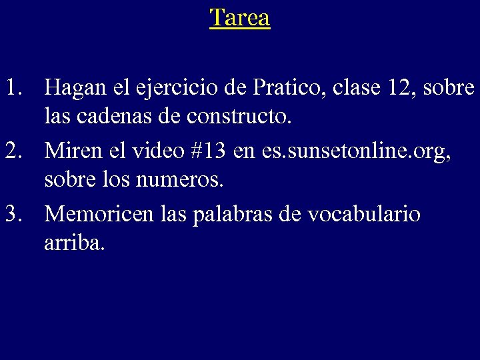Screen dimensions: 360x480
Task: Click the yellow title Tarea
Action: tap(240, 17)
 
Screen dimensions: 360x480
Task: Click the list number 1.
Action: tap(16, 87)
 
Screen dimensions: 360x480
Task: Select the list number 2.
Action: tap(16, 151)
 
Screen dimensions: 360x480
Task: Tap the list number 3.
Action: tap(16, 215)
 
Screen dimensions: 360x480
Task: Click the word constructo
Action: tap(240, 119)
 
